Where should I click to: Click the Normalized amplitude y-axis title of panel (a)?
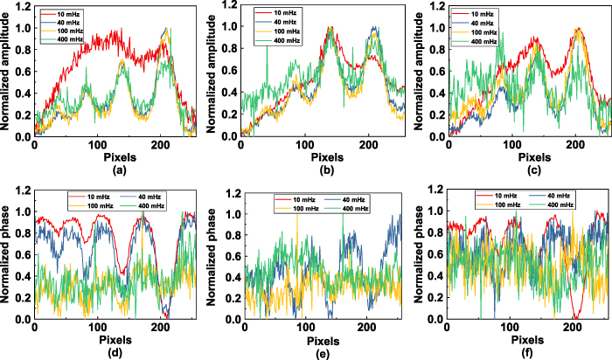(7, 70)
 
